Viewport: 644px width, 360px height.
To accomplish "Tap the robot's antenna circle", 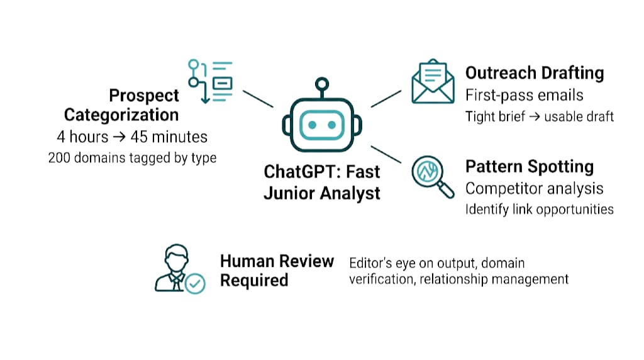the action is coord(322,84).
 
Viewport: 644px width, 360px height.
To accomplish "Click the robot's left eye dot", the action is coord(312,125).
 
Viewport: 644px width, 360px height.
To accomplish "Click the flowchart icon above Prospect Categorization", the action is coord(210,81).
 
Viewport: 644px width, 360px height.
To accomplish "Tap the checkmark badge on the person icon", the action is coord(195,284).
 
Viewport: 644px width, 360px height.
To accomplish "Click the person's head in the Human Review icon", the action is coord(177,258).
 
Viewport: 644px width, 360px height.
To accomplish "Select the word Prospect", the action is coord(144,96).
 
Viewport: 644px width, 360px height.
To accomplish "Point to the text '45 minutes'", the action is coord(169,137).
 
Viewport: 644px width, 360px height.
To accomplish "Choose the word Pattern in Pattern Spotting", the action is coord(494,166).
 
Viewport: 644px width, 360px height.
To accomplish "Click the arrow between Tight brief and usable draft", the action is coord(535,116).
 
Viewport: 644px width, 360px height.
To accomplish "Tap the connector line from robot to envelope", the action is coord(386,99).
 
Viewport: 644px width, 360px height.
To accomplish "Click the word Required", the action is coord(254,281).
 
